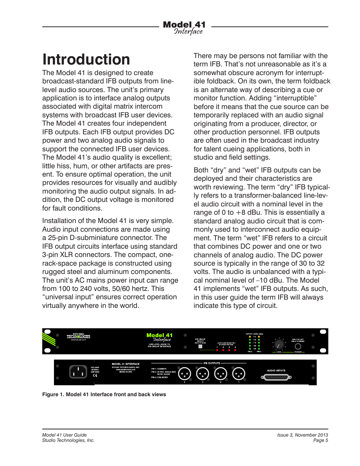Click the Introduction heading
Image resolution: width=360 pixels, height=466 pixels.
[x=86, y=60]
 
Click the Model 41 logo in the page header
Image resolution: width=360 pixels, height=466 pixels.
[x=184, y=28]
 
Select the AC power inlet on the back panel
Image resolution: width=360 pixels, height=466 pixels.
[x=78, y=372]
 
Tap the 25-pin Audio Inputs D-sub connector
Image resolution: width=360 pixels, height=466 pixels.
[x=276, y=377]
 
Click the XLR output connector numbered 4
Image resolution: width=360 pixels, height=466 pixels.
[x=185, y=374]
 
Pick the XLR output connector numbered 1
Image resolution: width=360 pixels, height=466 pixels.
[x=239, y=374]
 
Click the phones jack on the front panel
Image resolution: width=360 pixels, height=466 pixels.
[x=298, y=346]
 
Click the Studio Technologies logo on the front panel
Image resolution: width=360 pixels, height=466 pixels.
[x=78, y=336]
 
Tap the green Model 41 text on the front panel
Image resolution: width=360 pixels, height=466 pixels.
[x=159, y=335]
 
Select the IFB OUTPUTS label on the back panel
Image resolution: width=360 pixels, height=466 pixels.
[x=212, y=363]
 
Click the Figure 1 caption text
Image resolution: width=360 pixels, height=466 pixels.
[x=104, y=394]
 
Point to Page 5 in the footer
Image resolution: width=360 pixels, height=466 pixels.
[x=320, y=440]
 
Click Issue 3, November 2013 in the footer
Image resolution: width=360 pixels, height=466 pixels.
[x=302, y=435]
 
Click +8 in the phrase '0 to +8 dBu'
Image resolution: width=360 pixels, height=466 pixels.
[x=240, y=212]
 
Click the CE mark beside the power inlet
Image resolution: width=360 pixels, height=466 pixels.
[x=95, y=375]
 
